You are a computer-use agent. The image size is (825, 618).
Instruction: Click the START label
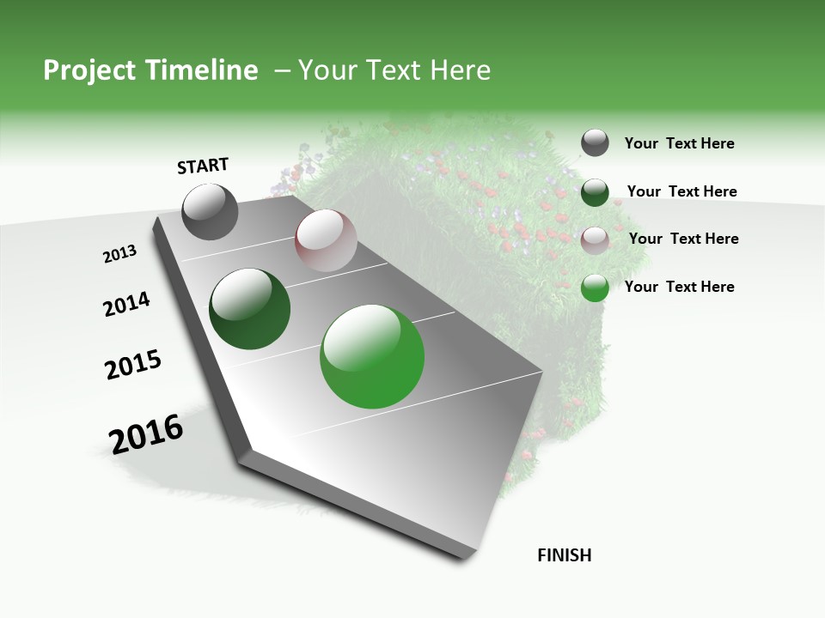click(x=203, y=166)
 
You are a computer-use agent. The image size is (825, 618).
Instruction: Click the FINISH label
click(x=564, y=555)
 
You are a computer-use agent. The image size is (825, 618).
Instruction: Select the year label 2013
click(x=119, y=254)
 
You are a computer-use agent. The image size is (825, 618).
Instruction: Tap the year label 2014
click(x=126, y=305)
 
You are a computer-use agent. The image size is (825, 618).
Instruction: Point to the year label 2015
click(x=133, y=364)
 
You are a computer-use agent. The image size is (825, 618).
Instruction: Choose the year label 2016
click(x=146, y=434)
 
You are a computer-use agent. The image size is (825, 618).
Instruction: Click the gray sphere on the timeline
click(x=210, y=211)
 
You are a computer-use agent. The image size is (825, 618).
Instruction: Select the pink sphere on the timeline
click(x=326, y=240)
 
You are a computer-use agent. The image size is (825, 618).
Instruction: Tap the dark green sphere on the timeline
click(x=249, y=309)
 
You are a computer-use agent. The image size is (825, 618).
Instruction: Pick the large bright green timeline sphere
click(x=372, y=355)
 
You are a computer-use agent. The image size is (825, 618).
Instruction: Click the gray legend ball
click(x=595, y=143)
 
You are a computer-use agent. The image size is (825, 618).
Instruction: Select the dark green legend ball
click(x=595, y=192)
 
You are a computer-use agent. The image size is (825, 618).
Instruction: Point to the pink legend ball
click(x=595, y=239)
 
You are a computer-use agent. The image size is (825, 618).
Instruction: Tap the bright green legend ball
click(x=595, y=288)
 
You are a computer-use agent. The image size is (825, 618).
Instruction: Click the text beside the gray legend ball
click(x=679, y=143)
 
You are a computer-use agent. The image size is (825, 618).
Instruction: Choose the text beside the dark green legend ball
click(x=681, y=191)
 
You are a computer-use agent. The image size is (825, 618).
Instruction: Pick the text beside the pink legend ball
click(x=683, y=239)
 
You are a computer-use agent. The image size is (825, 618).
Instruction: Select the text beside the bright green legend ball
click(x=679, y=287)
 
